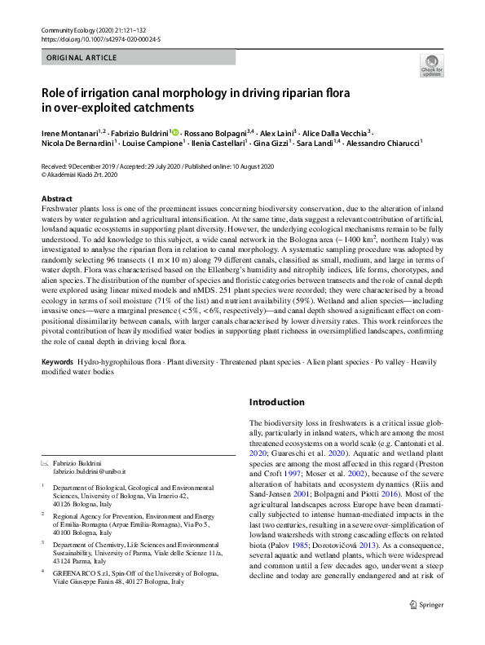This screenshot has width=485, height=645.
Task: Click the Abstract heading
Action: [57, 199]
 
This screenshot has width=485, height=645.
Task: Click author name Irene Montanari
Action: [68, 133]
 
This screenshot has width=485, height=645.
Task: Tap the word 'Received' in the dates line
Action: [55, 166]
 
